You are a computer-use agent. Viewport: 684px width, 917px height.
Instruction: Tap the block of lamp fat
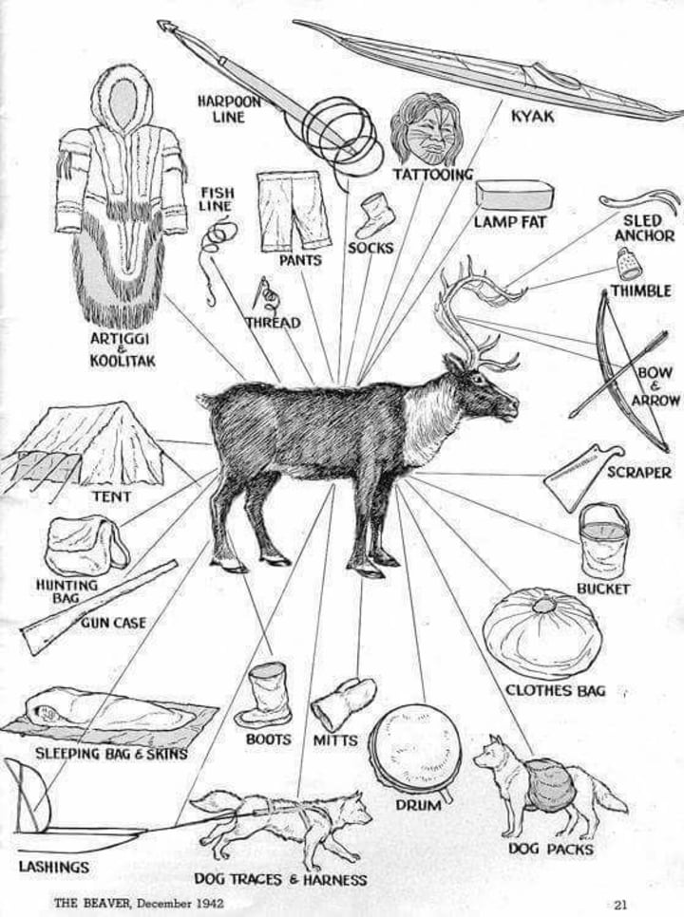(514, 195)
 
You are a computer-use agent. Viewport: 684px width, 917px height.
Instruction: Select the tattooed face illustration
(425, 129)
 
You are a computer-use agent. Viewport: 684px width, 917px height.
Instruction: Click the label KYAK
(532, 117)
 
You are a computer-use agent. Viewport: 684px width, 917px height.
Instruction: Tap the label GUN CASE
(113, 623)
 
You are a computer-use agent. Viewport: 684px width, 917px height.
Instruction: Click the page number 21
(620, 904)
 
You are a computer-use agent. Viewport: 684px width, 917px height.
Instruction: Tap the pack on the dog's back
(547, 783)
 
